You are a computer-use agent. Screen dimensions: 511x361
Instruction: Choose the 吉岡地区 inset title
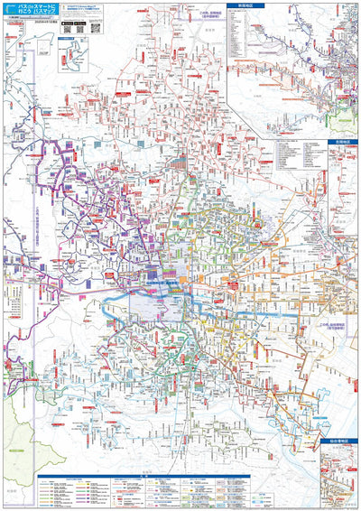[x=338, y=142]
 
